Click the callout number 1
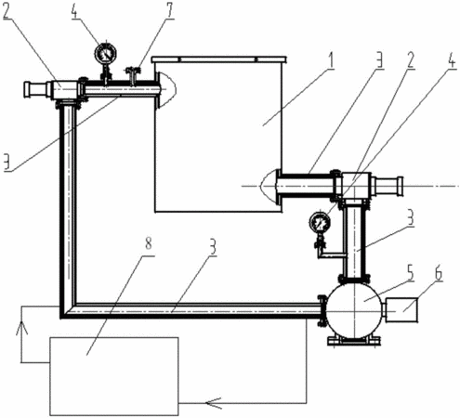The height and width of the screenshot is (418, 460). pos(331,61)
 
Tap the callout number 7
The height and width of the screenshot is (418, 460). pos(169,11)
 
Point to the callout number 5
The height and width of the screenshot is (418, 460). pos(410,273)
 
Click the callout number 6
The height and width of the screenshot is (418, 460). pos(439,273)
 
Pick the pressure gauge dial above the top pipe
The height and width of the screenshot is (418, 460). pos(106,54)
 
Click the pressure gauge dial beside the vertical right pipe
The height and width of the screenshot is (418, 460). pos(320,222)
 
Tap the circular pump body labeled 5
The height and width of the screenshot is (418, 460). pos(354,310)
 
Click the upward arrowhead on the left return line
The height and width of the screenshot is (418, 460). pos(21,328)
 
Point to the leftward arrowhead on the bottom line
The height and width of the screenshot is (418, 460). pos(213,403)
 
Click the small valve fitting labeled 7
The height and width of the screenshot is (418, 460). pos(133,75)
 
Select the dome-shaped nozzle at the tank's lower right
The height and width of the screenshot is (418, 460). pos(269,187)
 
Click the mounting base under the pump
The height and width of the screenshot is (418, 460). pos(354,342)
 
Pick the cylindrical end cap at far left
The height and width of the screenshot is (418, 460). pos(35,89)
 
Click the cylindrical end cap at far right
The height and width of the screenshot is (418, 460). pos(388,186)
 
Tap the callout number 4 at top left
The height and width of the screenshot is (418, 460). pos(74,11)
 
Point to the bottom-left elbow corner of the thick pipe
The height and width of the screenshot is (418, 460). pos(60,317)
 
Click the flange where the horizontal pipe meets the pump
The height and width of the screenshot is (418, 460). pos(322,310)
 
